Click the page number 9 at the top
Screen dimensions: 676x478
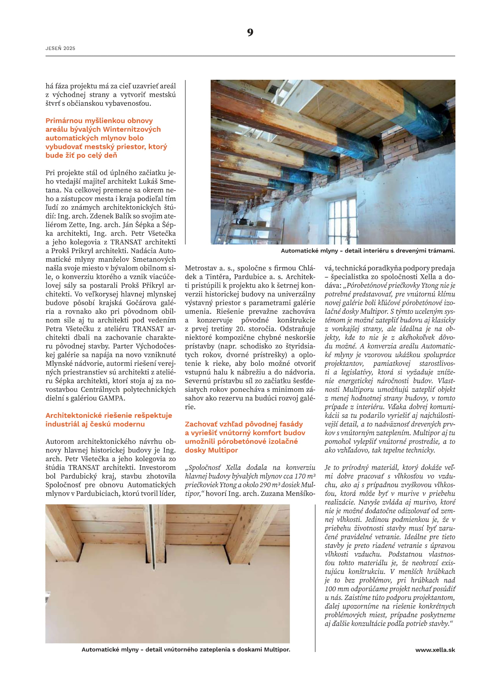pyautogui.click(x=250, y=32)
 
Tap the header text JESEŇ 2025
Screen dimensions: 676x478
pyautogui.click(x=60, y=48)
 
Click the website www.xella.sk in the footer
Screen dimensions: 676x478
pyautogui.click(x=435, y=650)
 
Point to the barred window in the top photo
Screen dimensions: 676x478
pyautogui.click(x=342, y=220)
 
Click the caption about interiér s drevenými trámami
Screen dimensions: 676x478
pyautogui.click(x=368, y=251)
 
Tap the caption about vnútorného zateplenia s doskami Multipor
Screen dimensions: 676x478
pyautogui.click(x=186, y=649)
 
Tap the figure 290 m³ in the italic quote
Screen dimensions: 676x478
pyautogui.click(x=279, y=485)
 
